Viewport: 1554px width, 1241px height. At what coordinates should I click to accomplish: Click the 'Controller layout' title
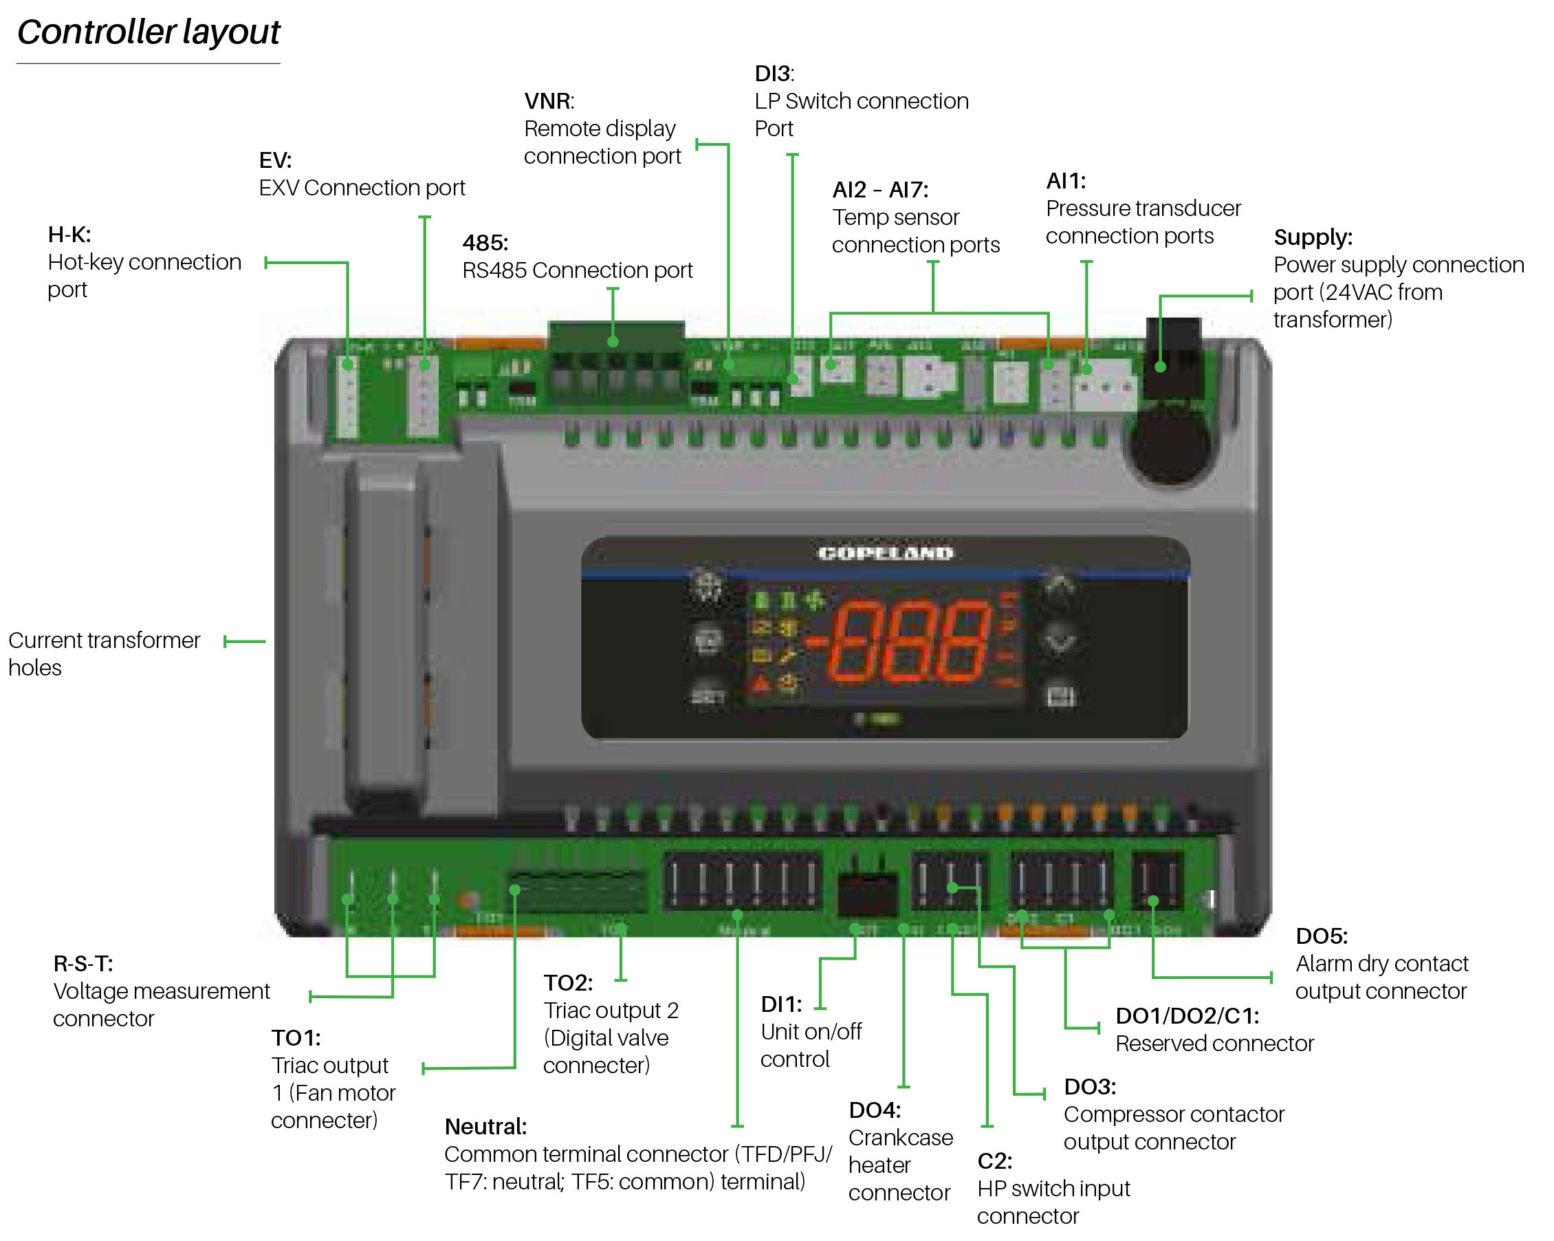pyautogui.click(x=149, y=32)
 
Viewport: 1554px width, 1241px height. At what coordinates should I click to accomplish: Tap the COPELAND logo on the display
pyautogui.click(x=884, y=553)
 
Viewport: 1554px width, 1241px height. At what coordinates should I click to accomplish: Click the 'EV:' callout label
pyautogui.click(x=274, y=160)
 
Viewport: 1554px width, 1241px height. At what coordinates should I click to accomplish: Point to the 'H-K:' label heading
pyautogui.click(x=69, y=235)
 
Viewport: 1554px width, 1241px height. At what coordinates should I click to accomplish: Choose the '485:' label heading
pyautogui.click(x=485, y=242)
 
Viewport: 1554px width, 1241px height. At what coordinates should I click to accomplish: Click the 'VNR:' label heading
pyautogui.click(x=549, y=101)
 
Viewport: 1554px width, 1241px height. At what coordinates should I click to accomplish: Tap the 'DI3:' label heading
pyautogui.click(x=774, y=74)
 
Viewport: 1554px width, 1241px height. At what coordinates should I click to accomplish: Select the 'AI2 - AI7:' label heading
pyautogui.click(x=880, y=190)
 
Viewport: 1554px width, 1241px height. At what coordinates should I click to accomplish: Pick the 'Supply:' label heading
pyautogui.click(x=1313, y=237)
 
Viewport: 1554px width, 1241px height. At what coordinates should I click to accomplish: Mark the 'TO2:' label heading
pyautogui.click(x=568, y=982)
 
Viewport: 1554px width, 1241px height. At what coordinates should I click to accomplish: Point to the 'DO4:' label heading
pyautogui.click(x=875, y=1110)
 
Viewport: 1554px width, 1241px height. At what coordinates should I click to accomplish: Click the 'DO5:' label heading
pyautogui.click(x=1321, y=936)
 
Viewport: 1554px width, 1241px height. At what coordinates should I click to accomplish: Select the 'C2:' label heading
pyautogui.click(x=994, y=1161)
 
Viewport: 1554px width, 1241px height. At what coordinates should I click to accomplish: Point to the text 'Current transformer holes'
pyautogui.click(x=104, y=654)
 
